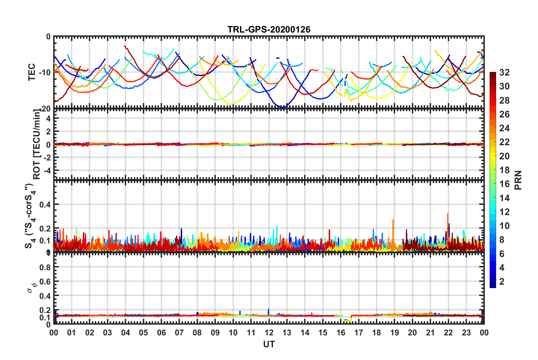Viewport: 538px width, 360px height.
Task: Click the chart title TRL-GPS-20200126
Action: click(x=269, y=29)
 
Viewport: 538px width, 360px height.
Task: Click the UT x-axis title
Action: click(x=269, y=344)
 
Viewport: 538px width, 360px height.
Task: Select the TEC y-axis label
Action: click(x=32, y=72)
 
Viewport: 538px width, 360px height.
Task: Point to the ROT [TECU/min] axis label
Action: click(x=37, y=144)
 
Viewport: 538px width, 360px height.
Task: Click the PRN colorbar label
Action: click(x=518, y=180)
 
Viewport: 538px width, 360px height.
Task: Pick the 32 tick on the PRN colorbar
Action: click(x=504, y=72)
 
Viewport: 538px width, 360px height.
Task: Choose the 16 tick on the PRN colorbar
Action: click(x=504, y=184)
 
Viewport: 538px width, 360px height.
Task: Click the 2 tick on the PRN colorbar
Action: click(x=502, y=281)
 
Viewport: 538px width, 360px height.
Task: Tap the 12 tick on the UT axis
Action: click(x=269, y=333)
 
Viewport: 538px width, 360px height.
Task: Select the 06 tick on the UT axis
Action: click(x=161, y=333)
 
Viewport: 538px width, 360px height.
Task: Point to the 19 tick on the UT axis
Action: click(x=394, y=333)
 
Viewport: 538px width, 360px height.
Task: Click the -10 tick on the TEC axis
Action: click(x=45, y=72)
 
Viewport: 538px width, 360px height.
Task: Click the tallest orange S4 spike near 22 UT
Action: click(x=448, y=214)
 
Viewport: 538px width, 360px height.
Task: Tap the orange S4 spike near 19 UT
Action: click(x=393, y=220)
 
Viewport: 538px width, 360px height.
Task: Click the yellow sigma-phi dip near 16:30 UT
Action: click(x=348, y=321)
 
